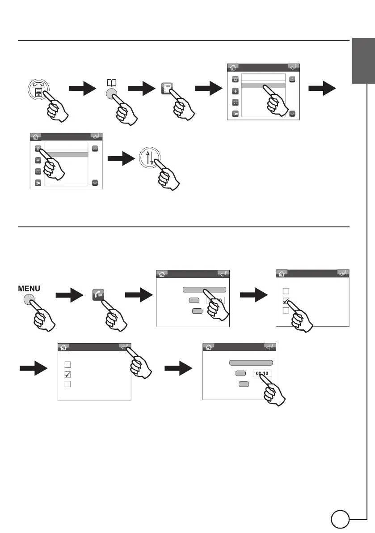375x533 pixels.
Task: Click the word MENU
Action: [x=30, y=290]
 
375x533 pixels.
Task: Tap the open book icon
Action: [x=110, y=83]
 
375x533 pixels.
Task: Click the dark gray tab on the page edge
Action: [x=362, y=60]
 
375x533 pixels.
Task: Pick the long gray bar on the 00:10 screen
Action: [x=251, y=363]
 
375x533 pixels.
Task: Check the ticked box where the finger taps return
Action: [x=68, y=374]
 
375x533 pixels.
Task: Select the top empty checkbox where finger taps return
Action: [x=68, y=365]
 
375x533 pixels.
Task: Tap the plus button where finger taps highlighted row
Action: [x=236, y=91]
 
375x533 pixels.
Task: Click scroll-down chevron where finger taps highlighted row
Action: [x=292, y=114]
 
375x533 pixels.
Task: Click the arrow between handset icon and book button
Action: [x=83, y=89]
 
